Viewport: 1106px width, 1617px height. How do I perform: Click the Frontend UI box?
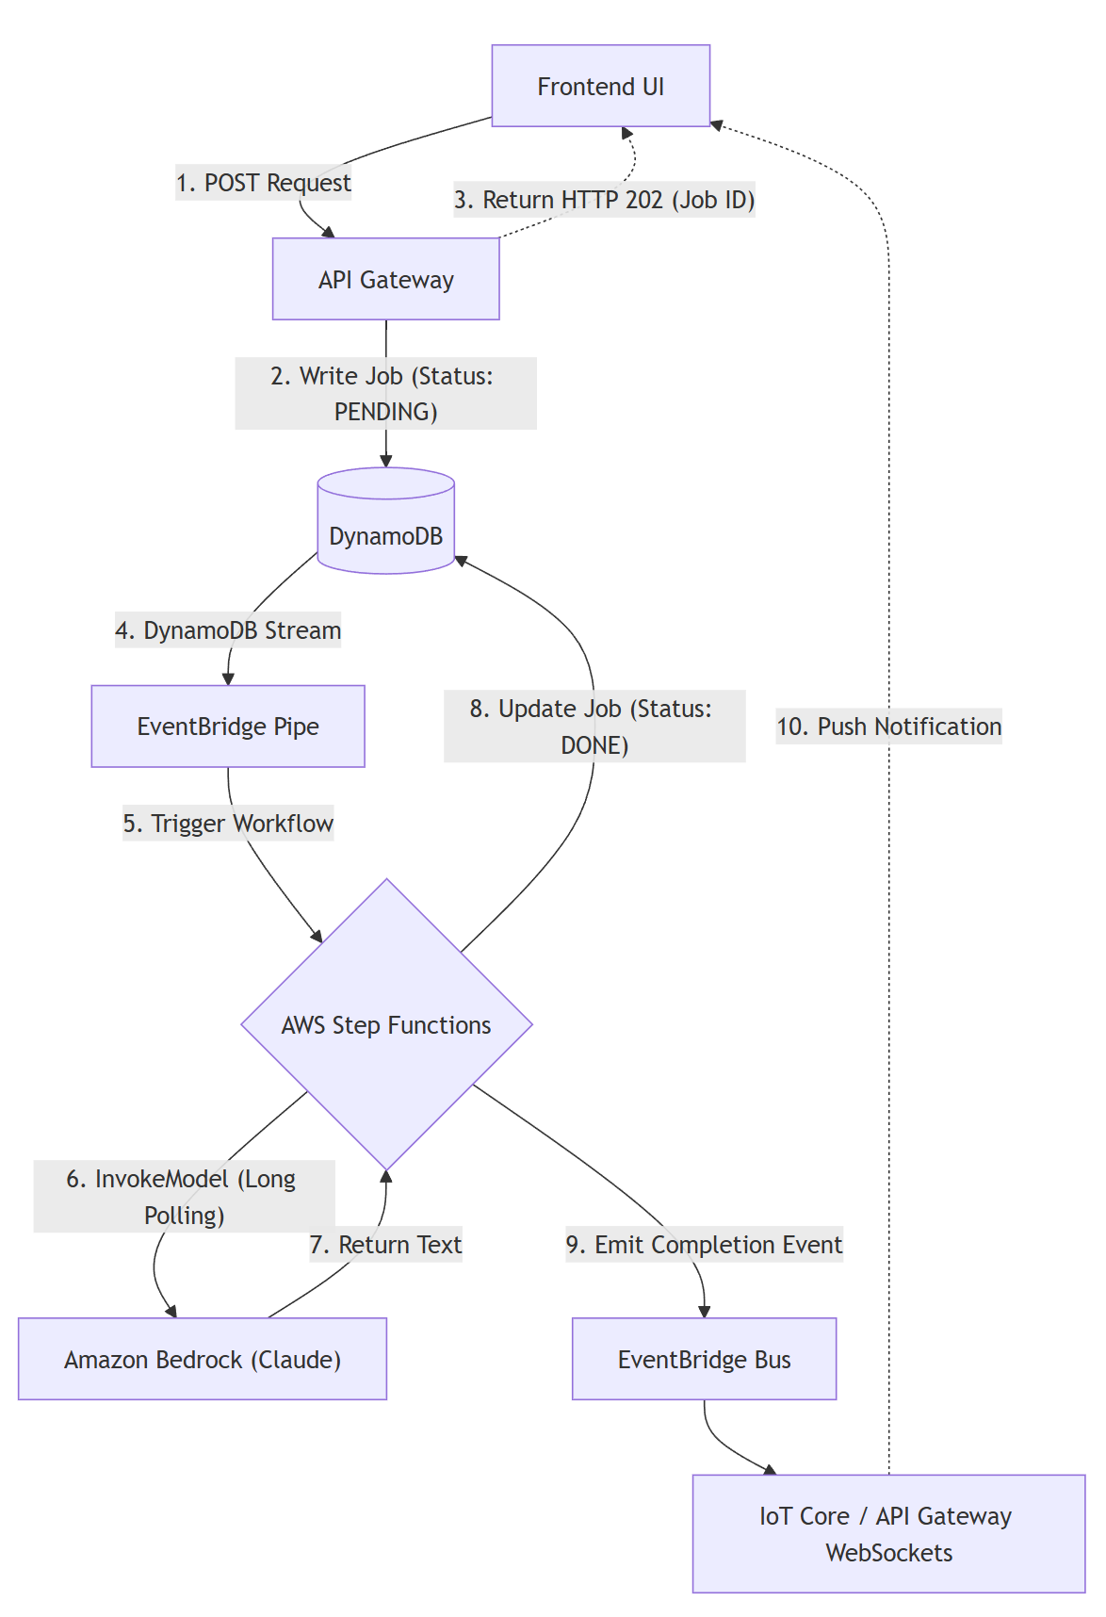(x=600, y=86)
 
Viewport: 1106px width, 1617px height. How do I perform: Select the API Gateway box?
(x=385, y=279)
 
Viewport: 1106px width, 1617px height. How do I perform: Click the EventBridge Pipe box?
(x=228, y=726)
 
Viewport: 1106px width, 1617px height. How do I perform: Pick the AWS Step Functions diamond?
(x=386, y=1024)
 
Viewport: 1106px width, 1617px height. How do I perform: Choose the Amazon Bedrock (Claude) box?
(x=203, y=1359)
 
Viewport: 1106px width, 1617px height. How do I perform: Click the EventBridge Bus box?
(x=704, y=1359)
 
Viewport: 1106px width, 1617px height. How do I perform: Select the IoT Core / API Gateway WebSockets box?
(x=888, y=1533)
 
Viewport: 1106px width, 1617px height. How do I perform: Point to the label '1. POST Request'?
(x=264, y=182)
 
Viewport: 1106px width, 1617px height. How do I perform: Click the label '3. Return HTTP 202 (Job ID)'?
(x=604, y=200)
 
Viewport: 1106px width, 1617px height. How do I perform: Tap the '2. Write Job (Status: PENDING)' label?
(x=385, y=393)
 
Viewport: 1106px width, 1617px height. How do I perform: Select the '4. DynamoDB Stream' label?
(x=228, y=629)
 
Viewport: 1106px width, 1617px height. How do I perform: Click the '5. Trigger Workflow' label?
(x=228, y=823)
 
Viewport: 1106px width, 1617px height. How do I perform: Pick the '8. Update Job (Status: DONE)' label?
(x=594, y=726)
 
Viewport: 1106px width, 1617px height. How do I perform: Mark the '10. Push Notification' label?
(x=888, y=726)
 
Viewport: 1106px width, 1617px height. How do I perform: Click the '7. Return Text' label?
(x=385, y=1244)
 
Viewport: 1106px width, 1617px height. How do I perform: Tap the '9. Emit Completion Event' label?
(x=704, y=1244)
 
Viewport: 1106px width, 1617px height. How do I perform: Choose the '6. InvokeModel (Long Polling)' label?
(x=184, y=1196)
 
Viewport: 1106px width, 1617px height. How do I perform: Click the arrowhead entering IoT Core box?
(x=770, y=1470)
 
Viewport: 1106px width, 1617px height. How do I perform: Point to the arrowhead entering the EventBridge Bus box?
(x=704, y=1312)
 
